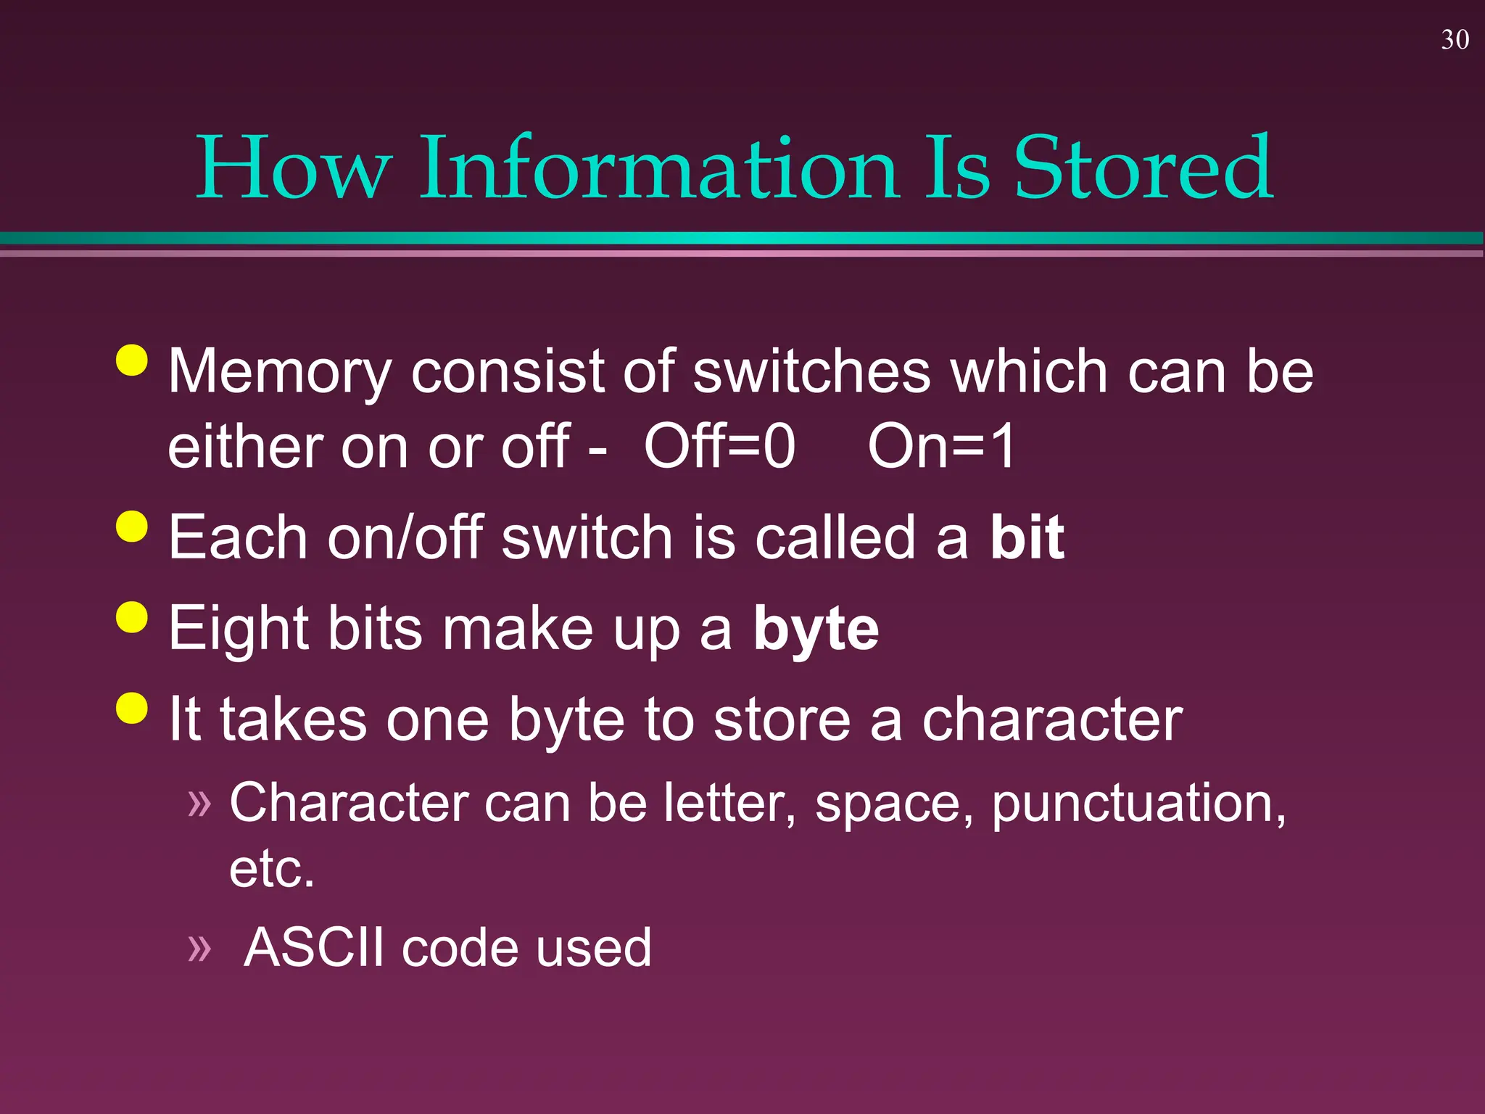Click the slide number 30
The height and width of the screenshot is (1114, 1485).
tap(1455, 40)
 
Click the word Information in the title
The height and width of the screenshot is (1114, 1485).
tap(659, 168)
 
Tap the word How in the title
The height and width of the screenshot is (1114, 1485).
tap(294, 168)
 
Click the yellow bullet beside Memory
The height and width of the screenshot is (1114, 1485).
tap(132, 360)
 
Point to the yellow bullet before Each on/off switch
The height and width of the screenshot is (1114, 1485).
tap(132, 526)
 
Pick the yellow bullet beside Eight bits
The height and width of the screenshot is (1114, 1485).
tap(132, 617)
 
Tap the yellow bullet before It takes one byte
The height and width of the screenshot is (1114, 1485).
tap(132, 708)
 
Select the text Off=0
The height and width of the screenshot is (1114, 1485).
tap(719, 447)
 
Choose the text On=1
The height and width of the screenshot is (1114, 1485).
tap(942, 447)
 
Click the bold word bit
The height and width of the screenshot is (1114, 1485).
tap(1027, 538)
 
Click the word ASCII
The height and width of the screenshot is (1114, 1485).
tap(314, 947)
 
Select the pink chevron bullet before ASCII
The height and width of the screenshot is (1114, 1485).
tap(199, 947)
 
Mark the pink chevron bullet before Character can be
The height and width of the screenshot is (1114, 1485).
tap(199, 803)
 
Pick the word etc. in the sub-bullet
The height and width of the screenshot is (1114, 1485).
tap(272, 869)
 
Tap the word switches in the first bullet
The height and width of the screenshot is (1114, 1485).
tap(811, 371)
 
